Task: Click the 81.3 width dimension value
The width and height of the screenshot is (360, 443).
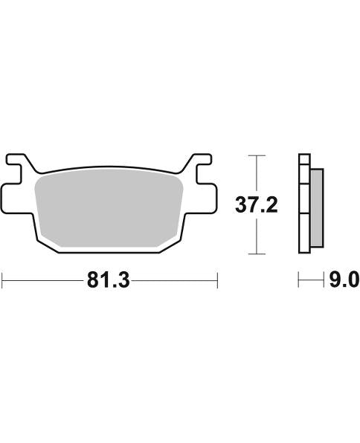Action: [x=109, y=280]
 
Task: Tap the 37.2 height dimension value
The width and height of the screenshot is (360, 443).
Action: [x=256, y=204]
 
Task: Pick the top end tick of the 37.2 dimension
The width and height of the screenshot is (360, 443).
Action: [x=256, y=155]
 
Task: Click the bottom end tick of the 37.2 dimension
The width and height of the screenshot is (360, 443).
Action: [x=256, y=254]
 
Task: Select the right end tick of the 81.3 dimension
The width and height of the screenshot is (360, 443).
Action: [x=216, y=280]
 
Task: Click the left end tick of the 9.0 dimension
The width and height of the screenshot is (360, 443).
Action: [x=299, y=280]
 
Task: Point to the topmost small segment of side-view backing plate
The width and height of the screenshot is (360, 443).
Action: [x=303, y=160]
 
